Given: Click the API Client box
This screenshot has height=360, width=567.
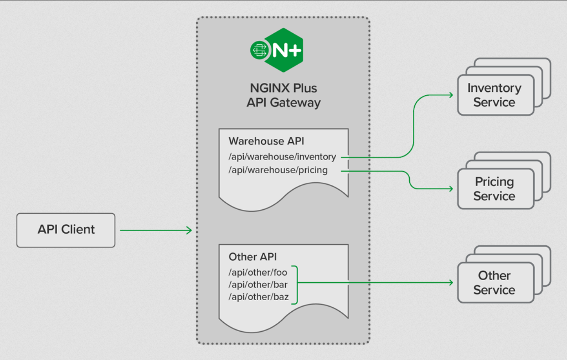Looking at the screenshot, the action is (x=66, y=230).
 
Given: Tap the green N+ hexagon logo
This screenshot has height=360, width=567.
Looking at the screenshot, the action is (x=284, y=50).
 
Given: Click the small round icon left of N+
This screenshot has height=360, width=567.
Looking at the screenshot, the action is (x=259, y=50).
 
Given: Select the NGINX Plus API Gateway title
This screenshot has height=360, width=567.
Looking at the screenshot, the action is (x=283, y=95).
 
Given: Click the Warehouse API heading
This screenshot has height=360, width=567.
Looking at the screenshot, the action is (x=266, y=141).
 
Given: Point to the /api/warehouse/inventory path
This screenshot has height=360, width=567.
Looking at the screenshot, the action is (x=282, y=157).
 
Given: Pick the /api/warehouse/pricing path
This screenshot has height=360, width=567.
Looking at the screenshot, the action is (x=278, y=170).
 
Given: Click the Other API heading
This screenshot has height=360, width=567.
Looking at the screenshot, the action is (x=252, y=257).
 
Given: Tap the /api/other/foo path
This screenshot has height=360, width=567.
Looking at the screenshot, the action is (x=258, y=272).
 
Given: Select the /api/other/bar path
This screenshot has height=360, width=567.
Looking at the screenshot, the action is (x=258, y=285).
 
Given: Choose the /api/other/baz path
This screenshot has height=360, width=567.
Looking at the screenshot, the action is (x=258, y=297).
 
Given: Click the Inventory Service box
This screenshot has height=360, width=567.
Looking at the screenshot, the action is (x=496, y=95).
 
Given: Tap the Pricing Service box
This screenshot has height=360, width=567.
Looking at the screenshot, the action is (x=496, y=189).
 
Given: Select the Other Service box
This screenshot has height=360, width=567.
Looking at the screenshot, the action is (x=496, y=282).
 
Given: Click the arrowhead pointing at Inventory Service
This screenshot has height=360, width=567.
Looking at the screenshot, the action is (x=451, y=95).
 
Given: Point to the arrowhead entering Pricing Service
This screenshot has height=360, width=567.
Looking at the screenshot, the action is (x=451, y=189).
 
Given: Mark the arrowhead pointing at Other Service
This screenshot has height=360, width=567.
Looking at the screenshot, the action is (x=451, y=282).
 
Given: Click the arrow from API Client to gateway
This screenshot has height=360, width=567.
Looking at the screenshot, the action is (x=156, y=230).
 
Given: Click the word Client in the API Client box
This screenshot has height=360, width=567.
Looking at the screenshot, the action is (x=78, y=230).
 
